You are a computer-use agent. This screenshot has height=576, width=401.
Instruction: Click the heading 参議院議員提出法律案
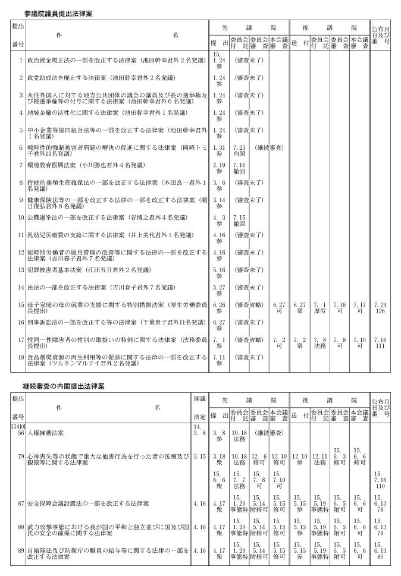pos(58,12)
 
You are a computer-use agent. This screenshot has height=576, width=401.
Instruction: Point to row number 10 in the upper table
pos(20,217)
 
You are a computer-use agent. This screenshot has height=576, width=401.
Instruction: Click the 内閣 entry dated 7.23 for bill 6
pos(239,150)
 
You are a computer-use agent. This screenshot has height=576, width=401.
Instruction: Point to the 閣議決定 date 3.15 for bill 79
pos(199,456)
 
